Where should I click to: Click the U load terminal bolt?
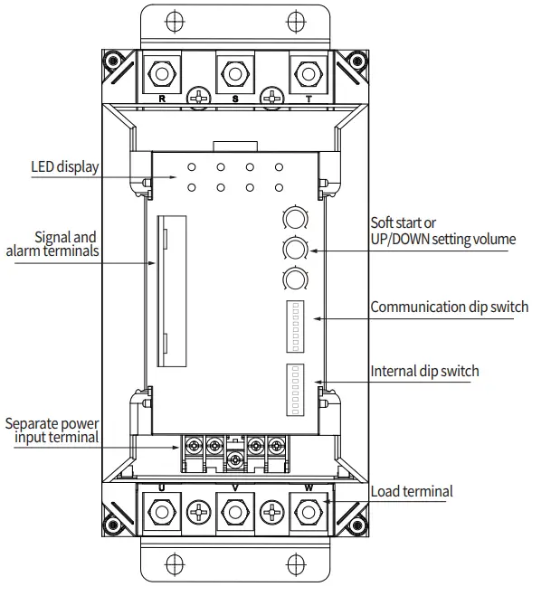click(x=162, y=513)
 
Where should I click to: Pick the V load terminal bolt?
click(x=235, y=513)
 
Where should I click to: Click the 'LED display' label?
click(x=65, y=166)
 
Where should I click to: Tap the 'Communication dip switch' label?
click(x=449, y=307)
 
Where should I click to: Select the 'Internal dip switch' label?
click(x=424, y=371)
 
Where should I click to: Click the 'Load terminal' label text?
click(x=412, y=492)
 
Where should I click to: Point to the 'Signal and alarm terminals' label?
click(x=52, y=244)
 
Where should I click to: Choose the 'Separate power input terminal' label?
click(x=52, y=430)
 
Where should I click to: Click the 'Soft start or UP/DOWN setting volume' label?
click(x=442, y=231)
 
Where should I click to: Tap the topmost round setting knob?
click(x=294, y=217)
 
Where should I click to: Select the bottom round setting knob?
click(x=294, y=278)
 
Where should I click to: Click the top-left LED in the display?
click(x=192, y=168)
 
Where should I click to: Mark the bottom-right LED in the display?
click(x=279, y=187)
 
